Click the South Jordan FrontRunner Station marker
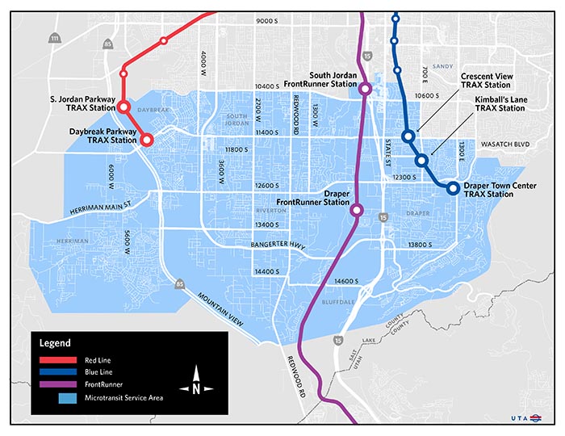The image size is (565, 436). tap(365, 89)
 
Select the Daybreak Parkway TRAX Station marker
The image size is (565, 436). tap(147, 139)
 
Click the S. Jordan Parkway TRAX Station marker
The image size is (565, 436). tap(124, 107)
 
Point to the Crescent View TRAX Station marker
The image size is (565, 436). tap(409, 136)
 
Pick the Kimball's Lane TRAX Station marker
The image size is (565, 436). tap(421, 161)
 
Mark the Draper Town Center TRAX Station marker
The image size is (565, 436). tap(453, 188)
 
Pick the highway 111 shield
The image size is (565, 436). tap(54, 39)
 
